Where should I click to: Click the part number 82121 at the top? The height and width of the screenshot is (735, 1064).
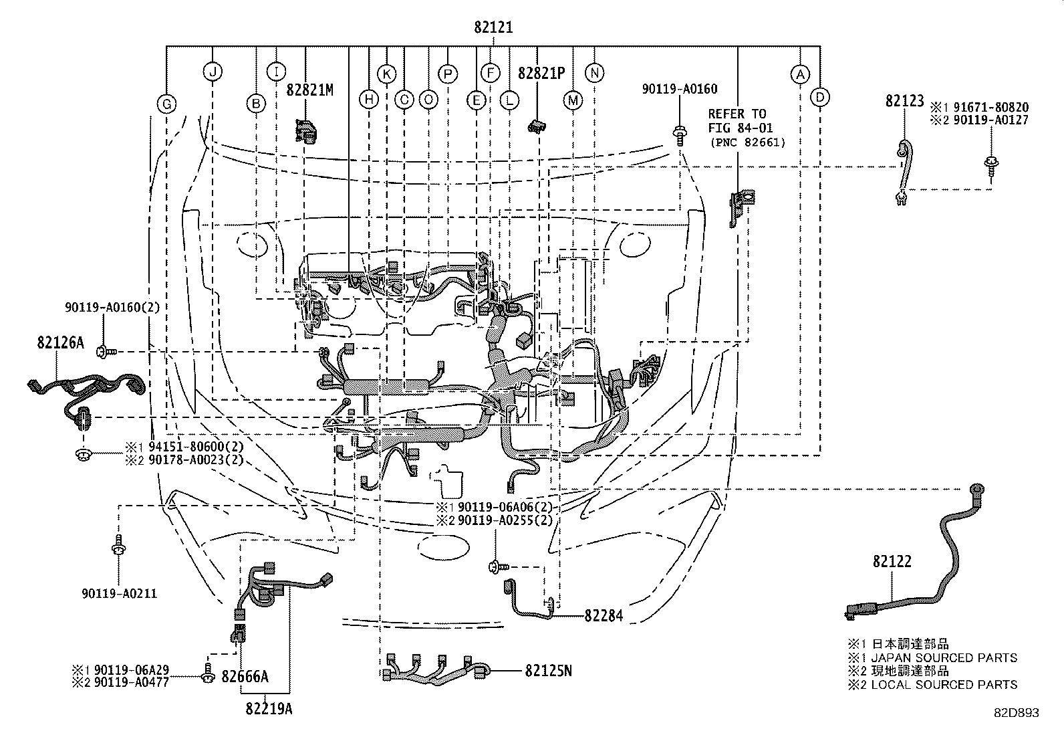point(493,28)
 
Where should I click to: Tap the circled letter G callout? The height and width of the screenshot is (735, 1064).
point(166,104)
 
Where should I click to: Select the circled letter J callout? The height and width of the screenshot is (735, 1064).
point(212,72)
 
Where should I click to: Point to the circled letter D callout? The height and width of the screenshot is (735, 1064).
point(820,98)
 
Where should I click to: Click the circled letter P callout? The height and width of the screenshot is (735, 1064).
point(447,73)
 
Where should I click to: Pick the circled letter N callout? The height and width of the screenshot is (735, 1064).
point(594,73)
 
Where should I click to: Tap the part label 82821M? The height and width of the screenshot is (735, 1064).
point(310,90)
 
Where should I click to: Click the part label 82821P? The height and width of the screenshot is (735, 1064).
point(542,73)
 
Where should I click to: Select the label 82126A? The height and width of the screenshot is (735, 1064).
point(61,342)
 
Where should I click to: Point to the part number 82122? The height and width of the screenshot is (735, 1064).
point(892,562)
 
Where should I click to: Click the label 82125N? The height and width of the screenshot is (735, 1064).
point(548,669)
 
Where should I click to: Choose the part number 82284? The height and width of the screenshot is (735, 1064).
point(604,615)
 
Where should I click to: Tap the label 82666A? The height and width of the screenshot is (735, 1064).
point(245,677)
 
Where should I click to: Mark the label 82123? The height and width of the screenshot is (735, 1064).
point(905,101)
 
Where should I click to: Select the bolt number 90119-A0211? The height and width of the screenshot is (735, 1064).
point(120,593)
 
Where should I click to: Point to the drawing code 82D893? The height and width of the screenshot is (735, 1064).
point(1015,713)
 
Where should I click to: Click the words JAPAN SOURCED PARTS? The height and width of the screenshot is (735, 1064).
point(944,658)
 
